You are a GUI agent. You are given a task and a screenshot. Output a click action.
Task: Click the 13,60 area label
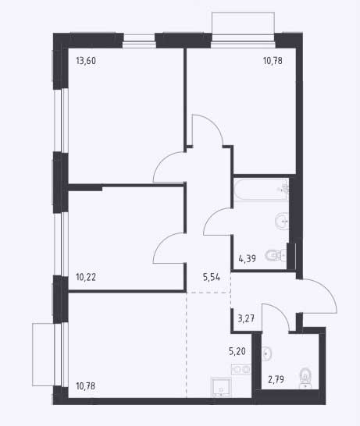click(x=86, y=61)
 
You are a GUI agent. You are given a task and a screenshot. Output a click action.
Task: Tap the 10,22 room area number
click(x=86, y=277)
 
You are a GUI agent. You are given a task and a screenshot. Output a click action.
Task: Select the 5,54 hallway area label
click(x=212, y=277)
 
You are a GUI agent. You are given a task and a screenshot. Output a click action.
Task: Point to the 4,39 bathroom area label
click(x=248, y=258)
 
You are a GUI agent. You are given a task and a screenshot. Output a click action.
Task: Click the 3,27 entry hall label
click(x=246, y=318)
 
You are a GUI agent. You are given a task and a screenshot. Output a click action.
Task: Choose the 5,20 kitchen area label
click(x=237, y=351)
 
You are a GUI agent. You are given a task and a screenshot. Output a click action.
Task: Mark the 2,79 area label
click(x=276, y=379)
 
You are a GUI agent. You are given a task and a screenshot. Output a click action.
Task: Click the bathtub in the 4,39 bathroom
click(x=261, y=190)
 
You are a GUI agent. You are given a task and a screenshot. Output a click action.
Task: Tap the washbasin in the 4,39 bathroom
click(x=282, y=221)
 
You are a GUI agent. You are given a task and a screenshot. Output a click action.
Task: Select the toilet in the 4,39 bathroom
click(x=276, y=255)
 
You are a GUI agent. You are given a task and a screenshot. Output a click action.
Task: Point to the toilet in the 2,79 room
click(x=305, y=378)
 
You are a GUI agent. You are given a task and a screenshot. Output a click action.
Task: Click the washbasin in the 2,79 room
click(x=267, y=353)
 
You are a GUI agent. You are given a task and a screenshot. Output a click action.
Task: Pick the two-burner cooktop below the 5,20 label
click(x=241, y=370)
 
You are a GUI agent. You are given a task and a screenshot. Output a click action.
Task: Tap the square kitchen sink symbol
click(x=221, y=387)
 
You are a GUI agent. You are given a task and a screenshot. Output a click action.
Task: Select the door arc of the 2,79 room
click(x=280, y=311)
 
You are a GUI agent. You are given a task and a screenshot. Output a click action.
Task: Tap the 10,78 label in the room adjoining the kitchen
click(x=86, y=385)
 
